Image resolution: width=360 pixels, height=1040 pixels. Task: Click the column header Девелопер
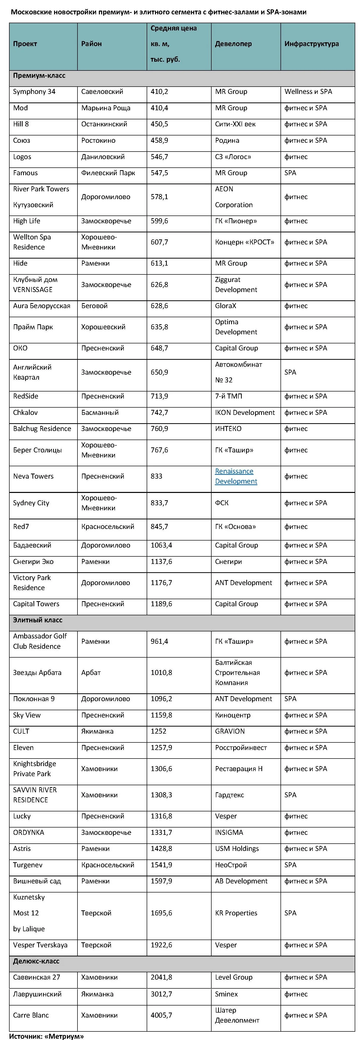click(233, 44)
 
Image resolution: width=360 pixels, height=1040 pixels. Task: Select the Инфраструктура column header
click(311, 44)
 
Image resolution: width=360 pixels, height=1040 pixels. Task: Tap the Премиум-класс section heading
click(39, 76)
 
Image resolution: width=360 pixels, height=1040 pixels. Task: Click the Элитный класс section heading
click(37, 620)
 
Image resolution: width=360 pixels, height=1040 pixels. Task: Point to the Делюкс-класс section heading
click(36, 961)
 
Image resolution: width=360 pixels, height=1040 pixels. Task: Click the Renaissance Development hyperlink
click(236, 476)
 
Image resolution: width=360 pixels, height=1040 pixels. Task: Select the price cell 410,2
click(159, 92)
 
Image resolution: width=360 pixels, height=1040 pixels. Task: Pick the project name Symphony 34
click(34, 92)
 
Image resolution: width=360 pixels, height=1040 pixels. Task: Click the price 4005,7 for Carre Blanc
click(162, 1015)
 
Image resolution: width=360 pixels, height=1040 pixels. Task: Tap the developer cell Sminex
click(226, 994)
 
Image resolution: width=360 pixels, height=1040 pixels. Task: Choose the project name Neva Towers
click(33, 476)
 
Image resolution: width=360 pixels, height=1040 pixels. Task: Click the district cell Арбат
click(91, 672)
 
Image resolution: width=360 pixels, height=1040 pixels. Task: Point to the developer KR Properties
click(236, 913)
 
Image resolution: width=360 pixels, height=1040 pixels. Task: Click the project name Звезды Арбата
click(37, 672)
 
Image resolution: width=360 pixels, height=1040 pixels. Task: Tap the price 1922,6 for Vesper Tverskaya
click(162, 945)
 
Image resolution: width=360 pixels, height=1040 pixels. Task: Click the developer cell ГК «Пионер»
click(236, 221)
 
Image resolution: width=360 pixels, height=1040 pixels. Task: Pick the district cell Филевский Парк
click(108, 173)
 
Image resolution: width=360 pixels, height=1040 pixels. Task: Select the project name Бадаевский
click(32, 545)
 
